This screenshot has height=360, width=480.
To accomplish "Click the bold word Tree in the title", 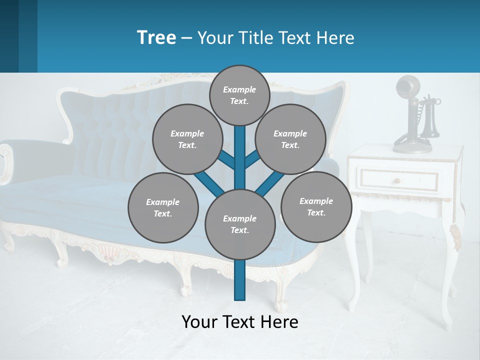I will click(156, 38).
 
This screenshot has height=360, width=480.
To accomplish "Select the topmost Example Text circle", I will click(239, 95).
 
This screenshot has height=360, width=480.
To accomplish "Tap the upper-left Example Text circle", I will click(187, 139).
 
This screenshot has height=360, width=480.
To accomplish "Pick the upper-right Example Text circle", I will click(290, 139).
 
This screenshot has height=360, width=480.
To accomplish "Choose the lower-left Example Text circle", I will click(163, 207).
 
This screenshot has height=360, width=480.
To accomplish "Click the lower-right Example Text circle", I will click(316, 206).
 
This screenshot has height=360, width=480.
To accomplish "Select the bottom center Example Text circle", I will click(240, 224).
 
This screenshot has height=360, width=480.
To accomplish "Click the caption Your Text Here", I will click(240, 321).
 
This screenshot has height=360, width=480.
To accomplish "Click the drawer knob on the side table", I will click(397, 180).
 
